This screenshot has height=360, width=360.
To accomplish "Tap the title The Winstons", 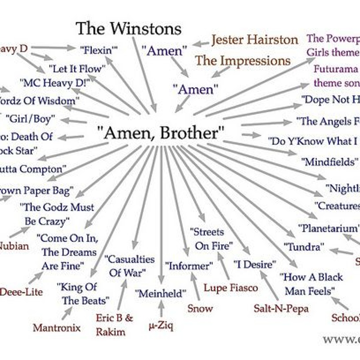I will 128,28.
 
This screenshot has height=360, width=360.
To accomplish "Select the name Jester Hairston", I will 254,40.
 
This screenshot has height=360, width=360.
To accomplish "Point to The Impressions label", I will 243,61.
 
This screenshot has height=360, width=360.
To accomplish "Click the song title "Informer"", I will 189,266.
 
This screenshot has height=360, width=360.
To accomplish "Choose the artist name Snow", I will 200,308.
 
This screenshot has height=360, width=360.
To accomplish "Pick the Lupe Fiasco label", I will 231,288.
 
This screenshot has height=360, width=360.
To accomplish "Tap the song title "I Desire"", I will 255,265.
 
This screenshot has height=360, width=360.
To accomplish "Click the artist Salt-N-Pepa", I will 281,308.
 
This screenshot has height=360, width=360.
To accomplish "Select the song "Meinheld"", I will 160,294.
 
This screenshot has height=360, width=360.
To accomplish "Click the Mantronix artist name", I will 57,328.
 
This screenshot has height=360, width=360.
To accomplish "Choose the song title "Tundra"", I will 304,247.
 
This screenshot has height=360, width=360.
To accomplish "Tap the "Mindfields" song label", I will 327,162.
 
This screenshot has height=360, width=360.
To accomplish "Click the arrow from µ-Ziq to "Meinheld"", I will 161,309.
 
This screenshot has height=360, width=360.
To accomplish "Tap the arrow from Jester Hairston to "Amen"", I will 201,43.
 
